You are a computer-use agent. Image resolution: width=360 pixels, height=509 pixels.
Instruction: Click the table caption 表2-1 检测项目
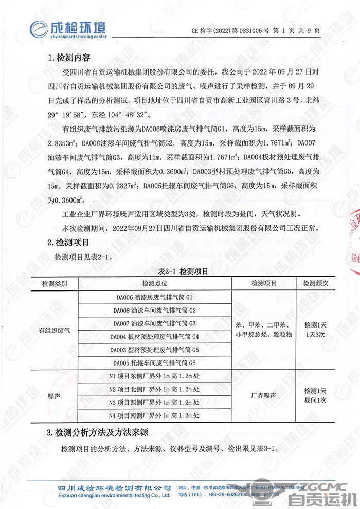pyautogui.click(x=179, y=272)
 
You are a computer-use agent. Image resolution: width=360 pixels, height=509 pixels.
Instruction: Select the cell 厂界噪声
pyautogui.click(x=264, y=396)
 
